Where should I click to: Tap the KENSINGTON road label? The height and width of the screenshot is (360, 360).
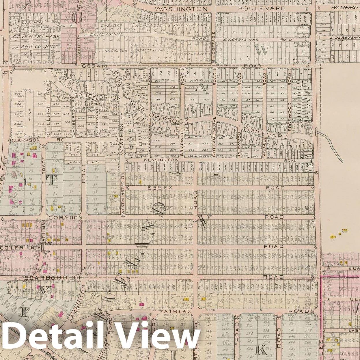click(x=162, y=160)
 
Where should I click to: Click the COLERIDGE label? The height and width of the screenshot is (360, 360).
click(x=20, y=248)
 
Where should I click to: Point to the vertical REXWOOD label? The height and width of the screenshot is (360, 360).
click(x=239, y=143)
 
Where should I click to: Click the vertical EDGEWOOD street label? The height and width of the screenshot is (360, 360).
click(x=290, y=113)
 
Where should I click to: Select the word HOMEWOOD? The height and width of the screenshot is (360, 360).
click(x=147, y=25)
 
